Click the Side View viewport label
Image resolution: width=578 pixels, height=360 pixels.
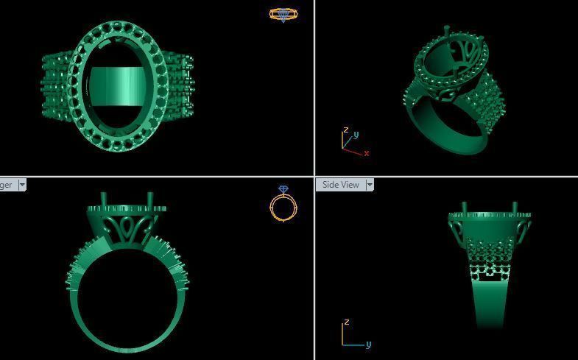point(341,185)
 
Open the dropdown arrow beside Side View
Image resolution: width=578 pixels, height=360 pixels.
point(370,185)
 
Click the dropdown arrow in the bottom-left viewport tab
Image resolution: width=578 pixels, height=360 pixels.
point(22,185)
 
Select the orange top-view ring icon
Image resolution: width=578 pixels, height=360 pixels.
point(283,14)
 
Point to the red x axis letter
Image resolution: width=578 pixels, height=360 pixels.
point(366,153)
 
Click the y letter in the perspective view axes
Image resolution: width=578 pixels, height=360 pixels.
point(356,135)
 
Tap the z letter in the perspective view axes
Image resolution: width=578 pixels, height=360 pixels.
point(345,130)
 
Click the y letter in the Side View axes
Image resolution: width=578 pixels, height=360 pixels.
point(368,344)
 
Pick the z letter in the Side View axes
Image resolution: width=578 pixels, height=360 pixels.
point(346,322)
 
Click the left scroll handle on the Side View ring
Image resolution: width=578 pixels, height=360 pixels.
point(454,225)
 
